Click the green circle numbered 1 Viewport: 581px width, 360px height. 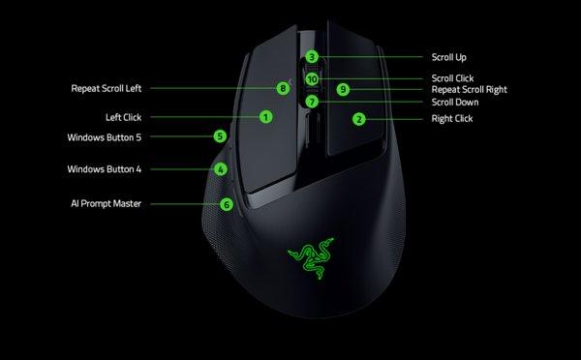264,117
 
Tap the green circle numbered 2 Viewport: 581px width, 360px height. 358,119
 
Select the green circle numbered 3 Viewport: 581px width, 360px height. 311,57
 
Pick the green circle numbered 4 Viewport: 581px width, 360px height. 221,169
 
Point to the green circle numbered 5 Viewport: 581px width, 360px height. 221,137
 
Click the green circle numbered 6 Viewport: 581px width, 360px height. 226,204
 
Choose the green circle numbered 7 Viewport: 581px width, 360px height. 311,101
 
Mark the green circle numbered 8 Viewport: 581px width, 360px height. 283,88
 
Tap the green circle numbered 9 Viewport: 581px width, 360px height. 342,89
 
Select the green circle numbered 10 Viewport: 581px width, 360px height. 311,78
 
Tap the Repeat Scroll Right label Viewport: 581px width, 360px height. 470,89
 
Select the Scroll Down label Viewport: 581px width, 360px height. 456,102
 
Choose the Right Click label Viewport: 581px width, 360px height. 451,119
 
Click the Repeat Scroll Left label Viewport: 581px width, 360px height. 107,88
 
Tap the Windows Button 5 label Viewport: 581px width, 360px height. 104,137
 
